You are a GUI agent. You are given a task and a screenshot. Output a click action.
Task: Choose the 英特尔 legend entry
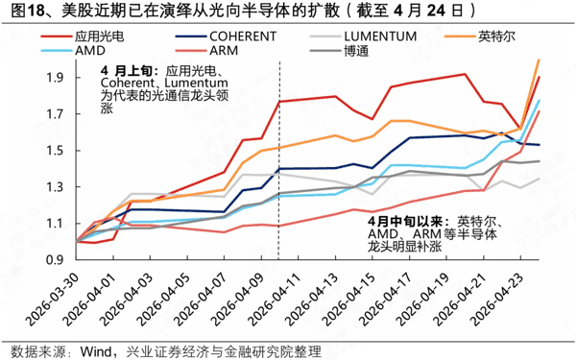516,35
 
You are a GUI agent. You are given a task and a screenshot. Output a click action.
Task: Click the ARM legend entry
236,50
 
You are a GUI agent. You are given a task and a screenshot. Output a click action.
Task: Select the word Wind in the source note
89,348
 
